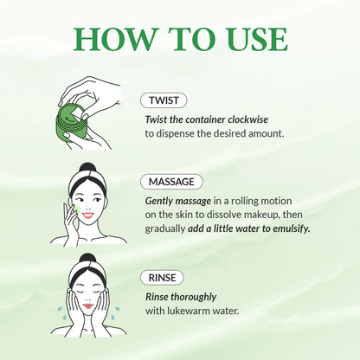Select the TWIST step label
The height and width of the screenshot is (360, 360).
click(164, 100)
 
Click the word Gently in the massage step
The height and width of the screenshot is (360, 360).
click(161, 198)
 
